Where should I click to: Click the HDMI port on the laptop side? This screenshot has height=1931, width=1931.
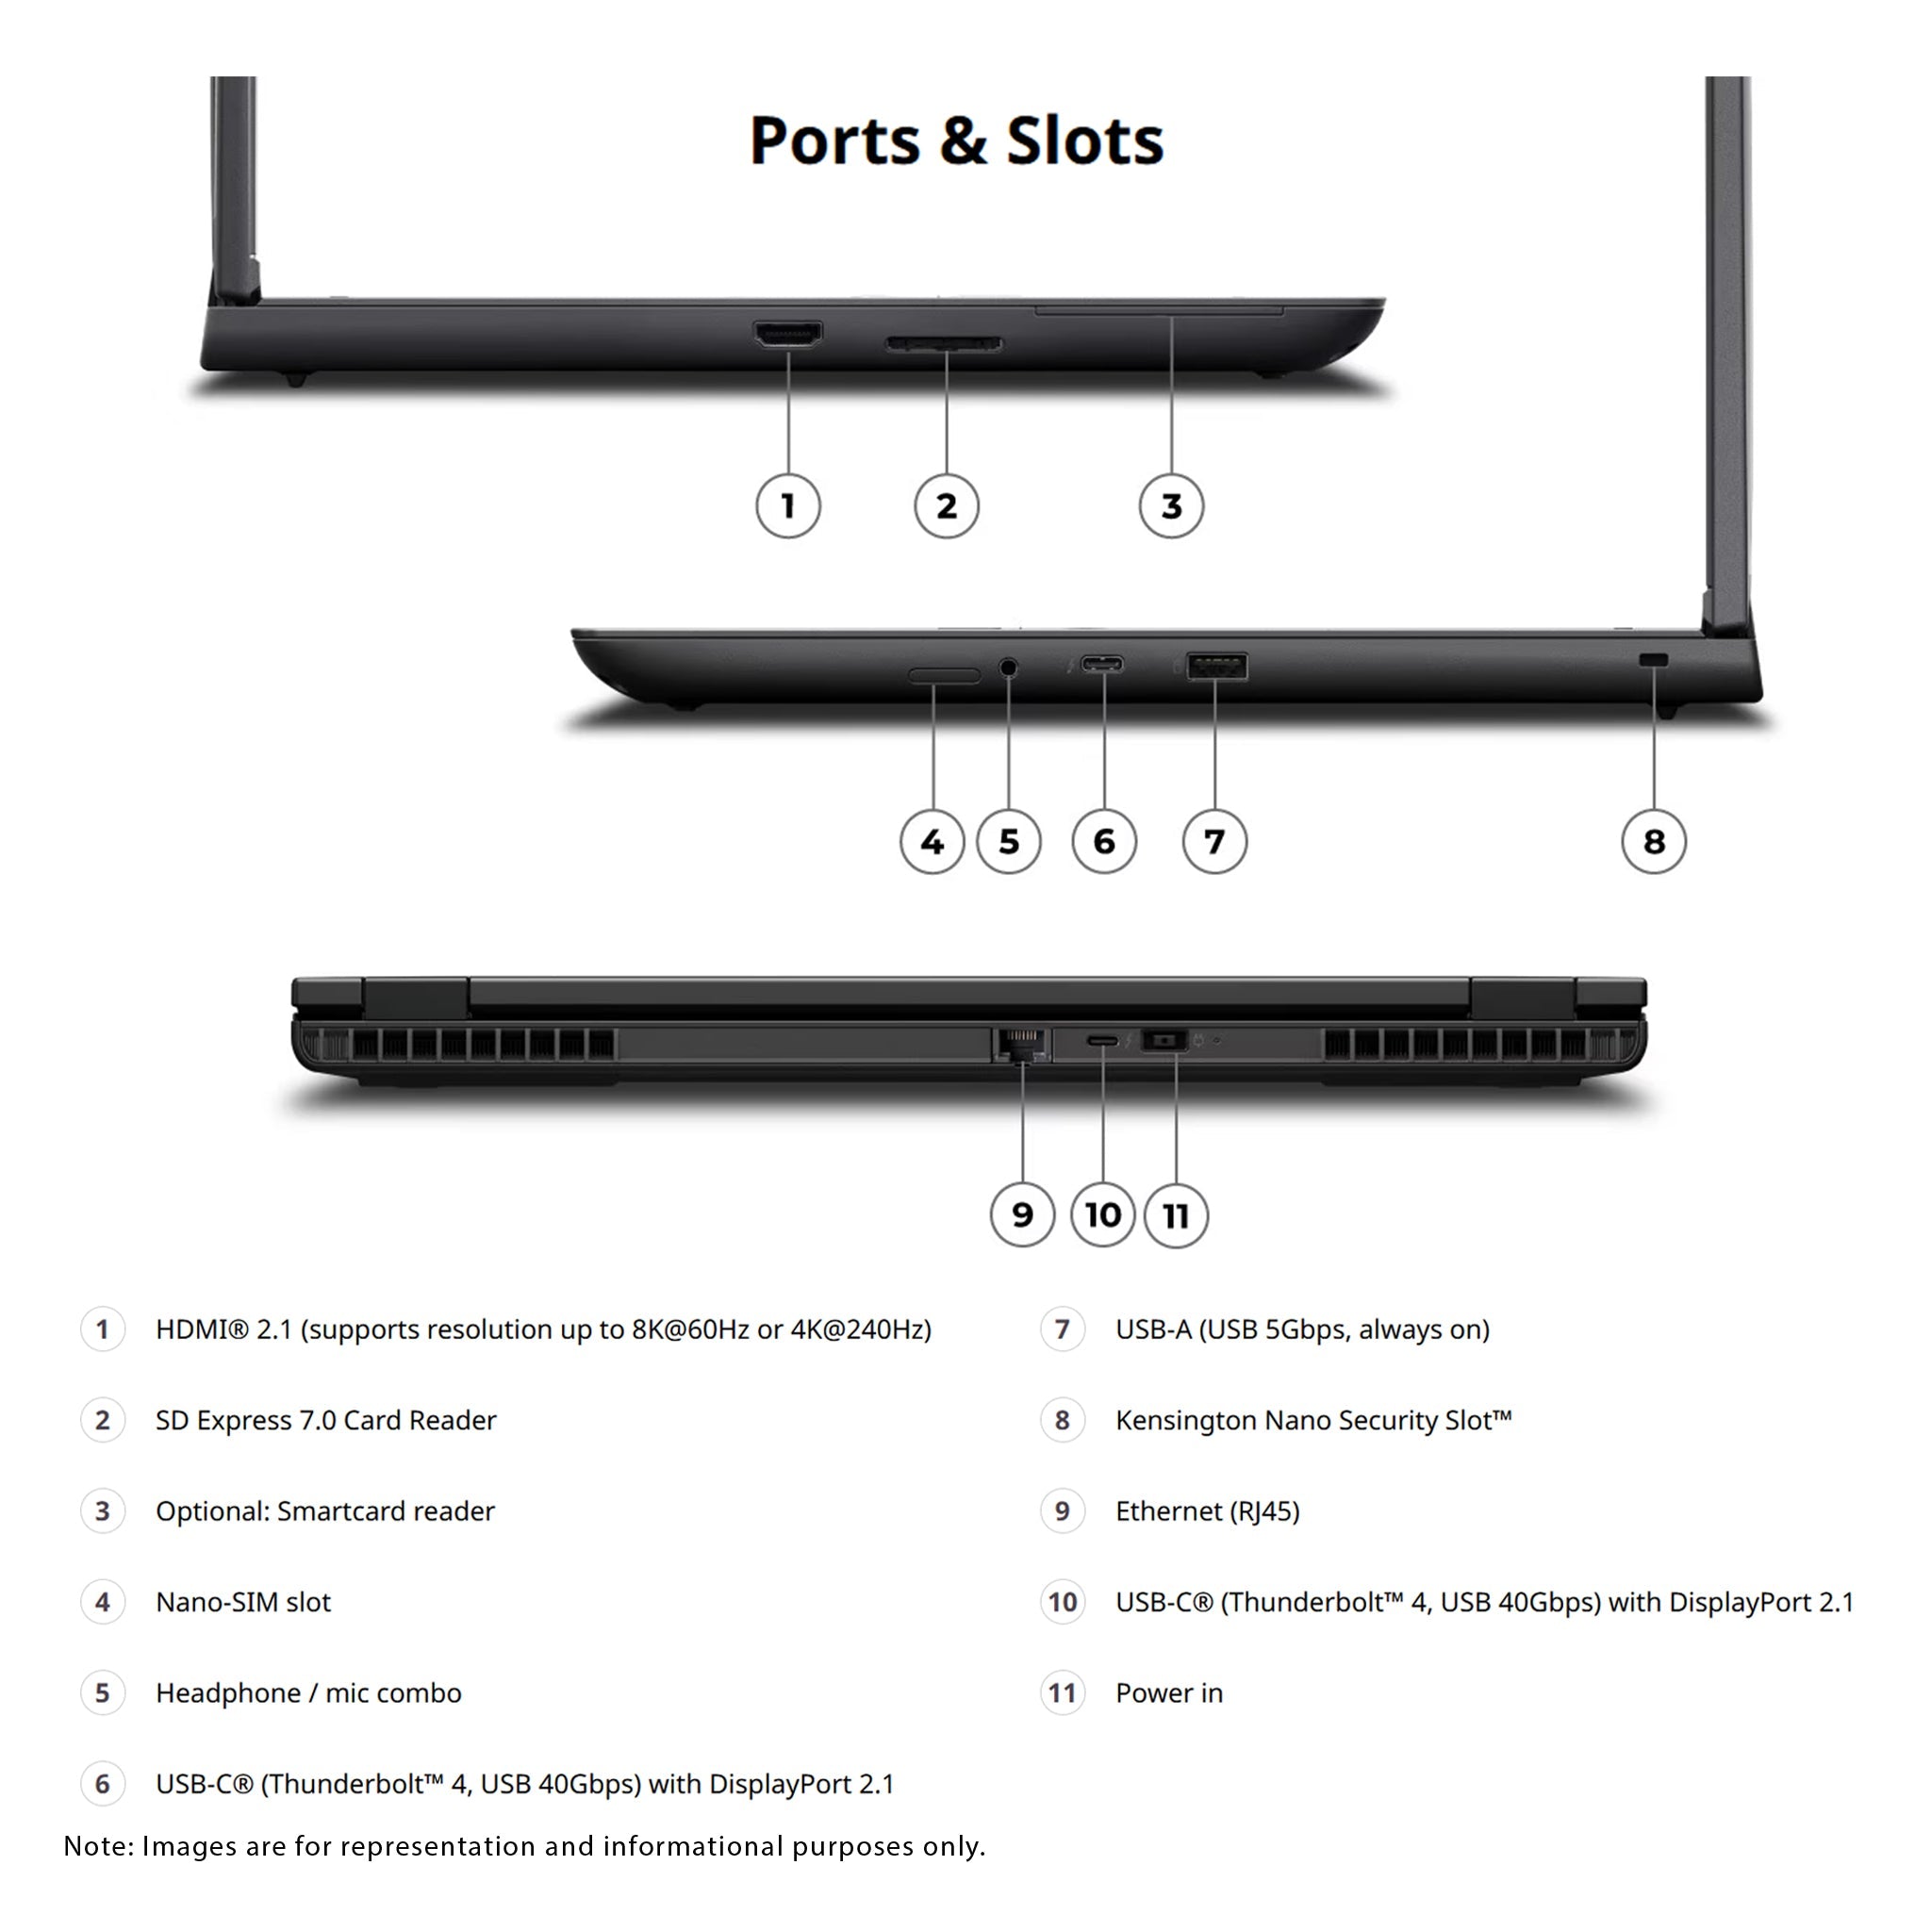[787, 334]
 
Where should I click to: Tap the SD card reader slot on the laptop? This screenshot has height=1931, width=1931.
[944, 344]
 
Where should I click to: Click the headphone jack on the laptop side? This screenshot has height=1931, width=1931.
[1009, 667]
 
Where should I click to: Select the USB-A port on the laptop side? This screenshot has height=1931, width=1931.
[1216, 666]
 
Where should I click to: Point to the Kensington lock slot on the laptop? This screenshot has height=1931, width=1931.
[1654, 661]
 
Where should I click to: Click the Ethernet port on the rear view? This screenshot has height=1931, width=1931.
[1021, 1045]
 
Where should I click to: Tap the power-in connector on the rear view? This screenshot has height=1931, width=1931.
[1164, 1041]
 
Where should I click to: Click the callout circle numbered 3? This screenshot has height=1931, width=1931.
[1171, 505]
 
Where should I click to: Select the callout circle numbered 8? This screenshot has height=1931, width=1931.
[1654, 842]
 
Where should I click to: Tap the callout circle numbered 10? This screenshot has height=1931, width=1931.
[1102, 1215]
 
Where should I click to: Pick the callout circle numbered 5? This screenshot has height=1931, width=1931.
[1009, 842]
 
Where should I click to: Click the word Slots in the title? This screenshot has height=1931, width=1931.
[1084, 140]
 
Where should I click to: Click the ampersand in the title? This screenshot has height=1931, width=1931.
[963, 140]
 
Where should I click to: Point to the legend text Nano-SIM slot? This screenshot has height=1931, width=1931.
[243, 1602]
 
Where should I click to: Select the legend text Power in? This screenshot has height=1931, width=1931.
[1169, 1693]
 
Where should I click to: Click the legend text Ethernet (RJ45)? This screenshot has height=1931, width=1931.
[1208, 1511]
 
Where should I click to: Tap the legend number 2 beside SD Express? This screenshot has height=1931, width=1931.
[102, 1420]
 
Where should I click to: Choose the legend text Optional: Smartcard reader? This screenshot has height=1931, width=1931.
[325, 1511]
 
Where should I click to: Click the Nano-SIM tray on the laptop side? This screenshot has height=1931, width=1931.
[944, 676]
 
